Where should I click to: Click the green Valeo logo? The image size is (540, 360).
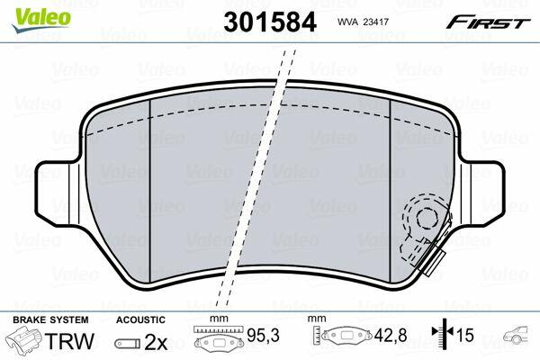(x=41, y=20)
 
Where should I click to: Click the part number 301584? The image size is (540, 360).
(x=270, y=22)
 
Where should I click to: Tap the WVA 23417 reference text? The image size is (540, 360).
(x=363, y=22)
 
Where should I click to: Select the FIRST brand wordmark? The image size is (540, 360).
(x=489, y=22)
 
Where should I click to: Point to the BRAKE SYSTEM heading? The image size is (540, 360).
(x=50, y=319)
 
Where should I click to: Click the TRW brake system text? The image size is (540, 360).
(x=69, y=341)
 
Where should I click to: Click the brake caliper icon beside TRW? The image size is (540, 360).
(x=24, y=340)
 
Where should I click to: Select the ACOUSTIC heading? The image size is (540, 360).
(x=140, y=319)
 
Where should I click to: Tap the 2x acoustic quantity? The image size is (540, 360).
(x=156, y=342)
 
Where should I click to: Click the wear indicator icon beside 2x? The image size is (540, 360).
(x=128, y=344)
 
